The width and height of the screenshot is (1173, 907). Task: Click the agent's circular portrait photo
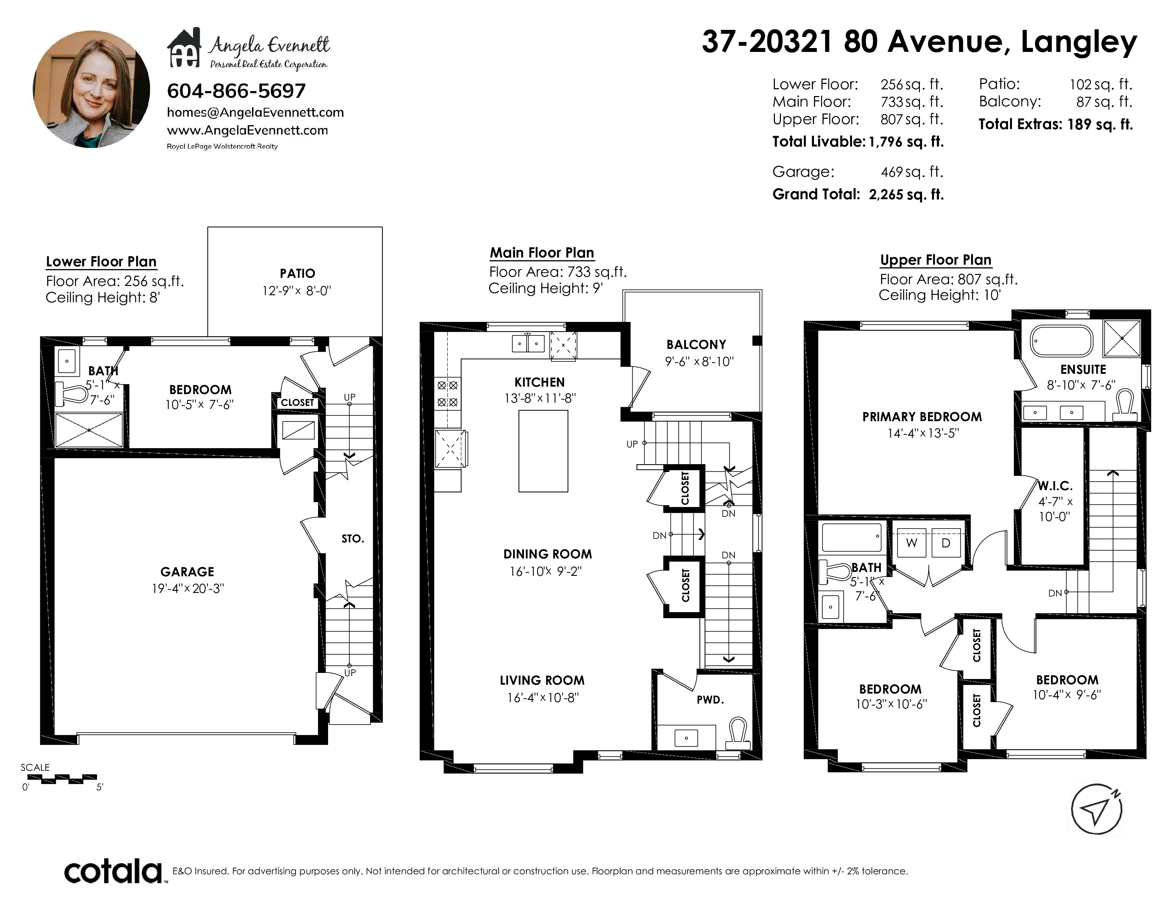point(92,89)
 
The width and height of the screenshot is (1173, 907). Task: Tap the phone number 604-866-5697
point(236,91)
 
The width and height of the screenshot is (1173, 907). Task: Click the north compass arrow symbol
point(1097,809)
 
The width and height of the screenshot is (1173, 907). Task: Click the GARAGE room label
point(187,572)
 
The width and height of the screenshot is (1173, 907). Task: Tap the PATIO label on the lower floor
point(297,274)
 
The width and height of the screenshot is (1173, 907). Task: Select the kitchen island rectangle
point(543,451)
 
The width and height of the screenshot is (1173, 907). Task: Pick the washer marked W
point(911,543)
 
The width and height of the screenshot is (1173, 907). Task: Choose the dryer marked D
point(946,543)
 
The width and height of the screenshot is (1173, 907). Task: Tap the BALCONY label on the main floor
point(696,344)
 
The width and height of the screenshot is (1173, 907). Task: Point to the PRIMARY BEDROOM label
point(922,417)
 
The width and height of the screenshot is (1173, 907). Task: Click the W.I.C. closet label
point(1055,486)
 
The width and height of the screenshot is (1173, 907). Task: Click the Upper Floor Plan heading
point(936,260)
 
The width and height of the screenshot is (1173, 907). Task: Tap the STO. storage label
point(353,539)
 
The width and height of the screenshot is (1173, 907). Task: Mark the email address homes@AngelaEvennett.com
point(255,113)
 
